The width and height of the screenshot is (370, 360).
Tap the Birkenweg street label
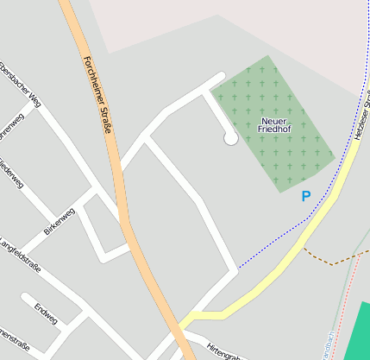pos(60,222)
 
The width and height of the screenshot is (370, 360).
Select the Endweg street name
pos(46,313)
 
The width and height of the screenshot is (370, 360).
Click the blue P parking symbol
pos(305,197)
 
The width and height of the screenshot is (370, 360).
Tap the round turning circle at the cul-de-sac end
pos(230,138)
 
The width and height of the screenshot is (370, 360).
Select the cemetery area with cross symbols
pos(293,155)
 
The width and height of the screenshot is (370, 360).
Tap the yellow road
pos(285,259)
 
